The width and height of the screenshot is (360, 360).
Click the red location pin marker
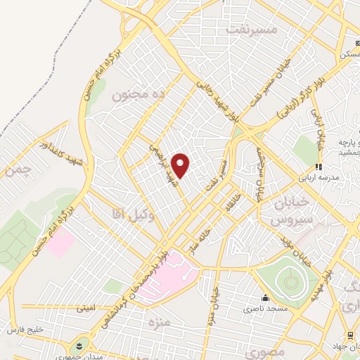(x=181, y=165)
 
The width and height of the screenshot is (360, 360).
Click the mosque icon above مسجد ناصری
(x=264, y=298)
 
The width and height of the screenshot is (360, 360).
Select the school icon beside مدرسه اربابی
(x=318, y=167)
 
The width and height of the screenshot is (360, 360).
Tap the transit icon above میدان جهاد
(x=349, y=335)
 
